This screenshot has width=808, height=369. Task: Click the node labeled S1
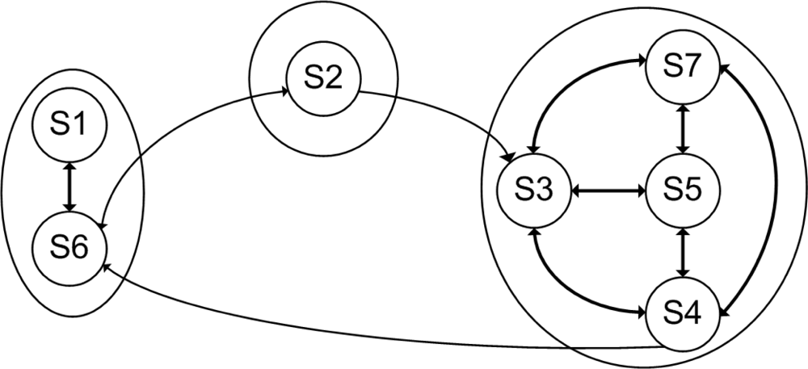[x=69, y=126]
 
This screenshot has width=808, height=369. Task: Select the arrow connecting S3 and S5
[x=609, y=191]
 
